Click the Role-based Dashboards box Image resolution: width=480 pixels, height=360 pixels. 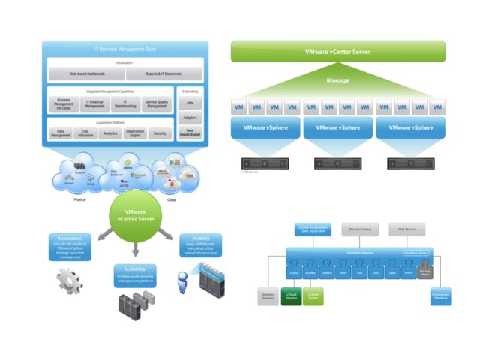[x=85, y=73]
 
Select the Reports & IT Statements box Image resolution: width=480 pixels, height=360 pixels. [x=164, y=73]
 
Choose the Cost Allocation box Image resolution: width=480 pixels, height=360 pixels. [x=87, y=133]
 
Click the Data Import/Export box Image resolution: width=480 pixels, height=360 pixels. [x=188, y=133]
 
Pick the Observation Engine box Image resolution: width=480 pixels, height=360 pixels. [x=135, y=133]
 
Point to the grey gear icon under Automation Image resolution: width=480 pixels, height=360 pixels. [x=69, y=280]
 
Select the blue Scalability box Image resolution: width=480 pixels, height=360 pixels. [x=135, y=275]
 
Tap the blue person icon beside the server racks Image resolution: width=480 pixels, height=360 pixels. [x=180, y=286]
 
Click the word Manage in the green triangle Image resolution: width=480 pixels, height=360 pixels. [x=337, y=79]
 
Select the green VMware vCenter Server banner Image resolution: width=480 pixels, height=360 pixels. [x=337, y=51]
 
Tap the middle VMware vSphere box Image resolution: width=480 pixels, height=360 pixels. [x=337, y=128]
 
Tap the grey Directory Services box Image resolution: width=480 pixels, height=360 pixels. [x=268, y=297]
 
